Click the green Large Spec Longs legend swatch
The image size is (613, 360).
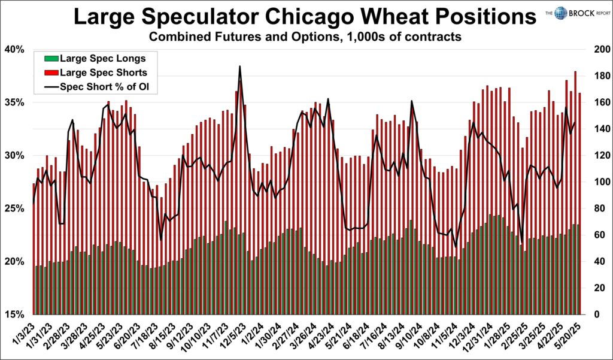(50, 58)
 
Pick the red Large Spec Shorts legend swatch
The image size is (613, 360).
(50, 72)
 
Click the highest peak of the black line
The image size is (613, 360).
(239, 66)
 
